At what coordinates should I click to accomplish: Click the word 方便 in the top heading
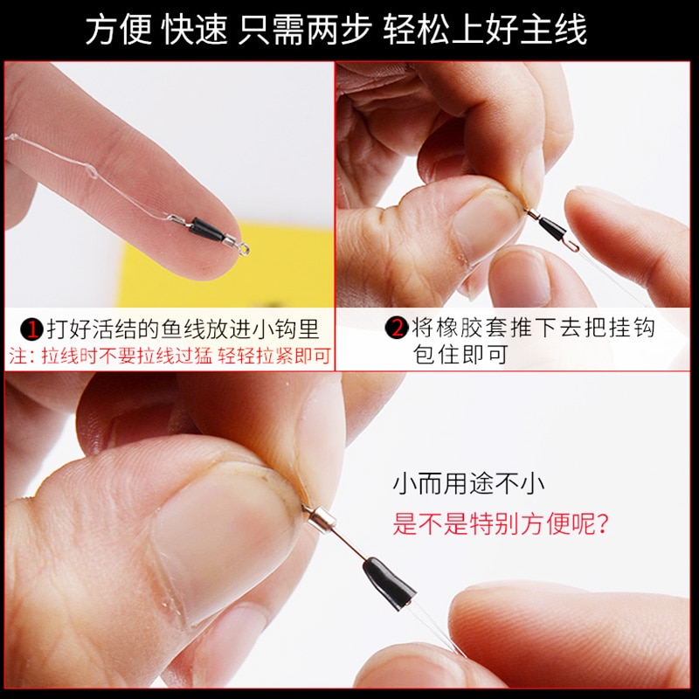[119, 30]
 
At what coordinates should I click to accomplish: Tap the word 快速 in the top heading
[195, 30]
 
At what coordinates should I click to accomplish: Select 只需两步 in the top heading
[305, 30]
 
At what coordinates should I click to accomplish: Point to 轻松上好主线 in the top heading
[485, 30]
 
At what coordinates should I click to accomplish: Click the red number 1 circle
[32, 329]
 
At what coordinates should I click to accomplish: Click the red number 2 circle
[397, 329]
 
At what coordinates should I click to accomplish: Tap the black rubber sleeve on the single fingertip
[207, 230]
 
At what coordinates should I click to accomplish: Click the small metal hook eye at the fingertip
[243, 249]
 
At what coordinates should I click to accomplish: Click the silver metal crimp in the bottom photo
[321, 520]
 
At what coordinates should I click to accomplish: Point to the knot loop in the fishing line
[91, 171]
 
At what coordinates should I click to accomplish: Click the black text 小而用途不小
[468, 485]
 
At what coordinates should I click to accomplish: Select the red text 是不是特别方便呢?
[500, 523]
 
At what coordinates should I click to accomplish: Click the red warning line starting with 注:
[170, 356]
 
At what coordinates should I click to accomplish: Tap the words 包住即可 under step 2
[460, 355]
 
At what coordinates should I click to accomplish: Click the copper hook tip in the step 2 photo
[574, 246]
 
